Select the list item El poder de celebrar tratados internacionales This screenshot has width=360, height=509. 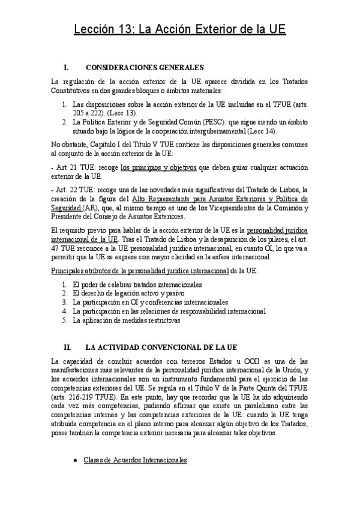tap(137, 284)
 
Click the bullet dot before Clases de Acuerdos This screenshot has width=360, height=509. tap(74, 460)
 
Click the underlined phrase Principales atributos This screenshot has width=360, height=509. tap(78, 271)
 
